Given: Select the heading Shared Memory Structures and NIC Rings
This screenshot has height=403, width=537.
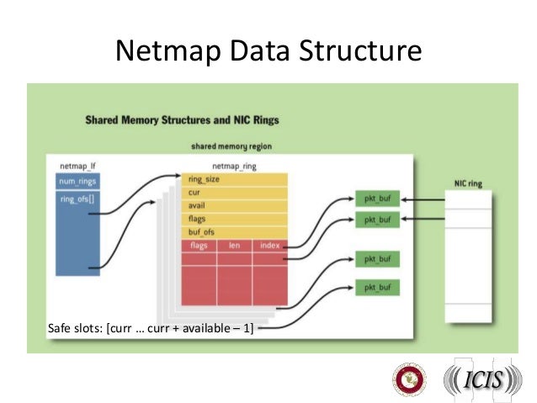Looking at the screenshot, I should coord(182,120).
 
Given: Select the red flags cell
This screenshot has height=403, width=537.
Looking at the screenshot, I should coord(199,246).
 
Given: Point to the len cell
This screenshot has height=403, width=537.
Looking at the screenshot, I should coord(235,246).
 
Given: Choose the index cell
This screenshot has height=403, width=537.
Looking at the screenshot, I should coord(269,246).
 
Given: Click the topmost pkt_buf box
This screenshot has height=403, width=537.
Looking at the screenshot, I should coord(377,201).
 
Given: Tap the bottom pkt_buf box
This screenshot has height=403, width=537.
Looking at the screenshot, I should coord(377,288).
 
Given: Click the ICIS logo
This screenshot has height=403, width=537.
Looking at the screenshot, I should coord(482,380).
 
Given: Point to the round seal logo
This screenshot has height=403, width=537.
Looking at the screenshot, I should coord(411,380).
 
